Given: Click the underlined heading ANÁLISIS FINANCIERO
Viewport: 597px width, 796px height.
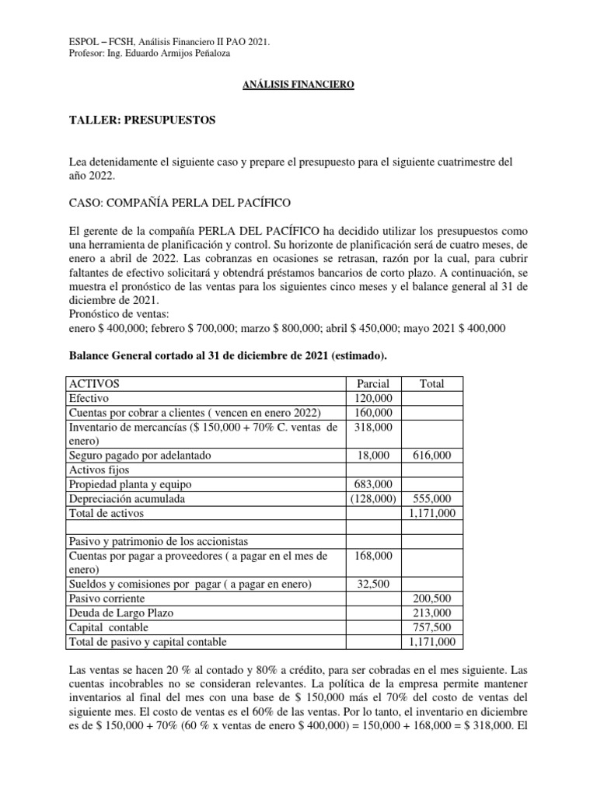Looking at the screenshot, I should tap(298, 84).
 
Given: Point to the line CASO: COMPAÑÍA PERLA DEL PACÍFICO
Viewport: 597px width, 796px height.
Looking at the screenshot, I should tap(180, 203).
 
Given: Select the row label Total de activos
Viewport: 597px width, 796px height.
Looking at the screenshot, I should tap(106, 512).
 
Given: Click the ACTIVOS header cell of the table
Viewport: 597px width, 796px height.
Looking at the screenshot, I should tap(96, 384).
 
